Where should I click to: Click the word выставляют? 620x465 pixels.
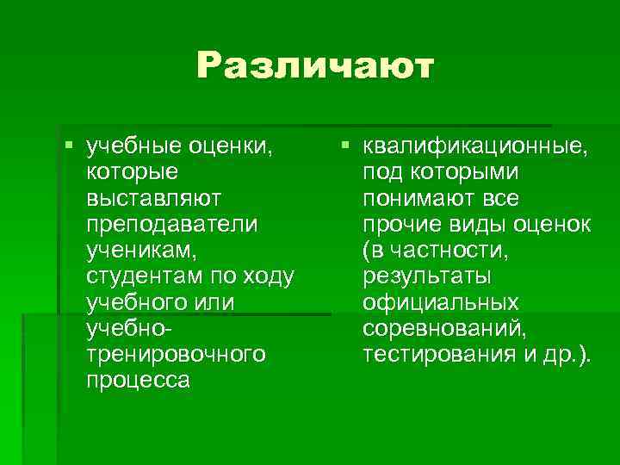(x=153, y=198)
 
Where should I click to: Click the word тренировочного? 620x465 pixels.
(x=176, y=354)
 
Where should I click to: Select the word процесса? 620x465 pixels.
(x=138, y=380)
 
